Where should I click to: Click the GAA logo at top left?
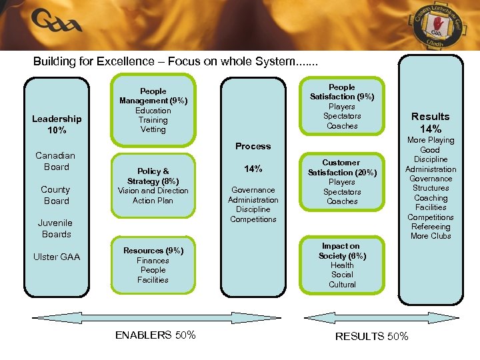(x=57, y=23)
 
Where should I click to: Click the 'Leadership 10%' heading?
(x=57, y=124)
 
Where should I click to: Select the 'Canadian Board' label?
(x=56, y=161)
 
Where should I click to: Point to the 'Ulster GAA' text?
(x=57, y=257)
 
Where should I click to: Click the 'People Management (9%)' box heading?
(x=153, y=96)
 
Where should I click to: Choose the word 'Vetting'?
(x=153, y=129)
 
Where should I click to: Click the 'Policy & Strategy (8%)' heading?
(x=153, y=176)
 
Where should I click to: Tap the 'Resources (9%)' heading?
(x=153, y=251)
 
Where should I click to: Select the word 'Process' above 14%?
(x=253, y=146)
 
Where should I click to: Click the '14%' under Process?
(x=253, y=169)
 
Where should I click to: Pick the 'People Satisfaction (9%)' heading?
(x=342, y=92)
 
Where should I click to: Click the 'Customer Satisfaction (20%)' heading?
(x=342, y=167)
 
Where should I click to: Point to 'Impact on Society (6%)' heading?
(x=342, y=251)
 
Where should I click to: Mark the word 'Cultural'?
(x=342, y=285)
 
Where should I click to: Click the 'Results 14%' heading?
(x=431, y=122)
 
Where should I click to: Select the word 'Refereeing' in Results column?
(x=431, y=227)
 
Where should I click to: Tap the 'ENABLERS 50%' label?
(x=155, y=335)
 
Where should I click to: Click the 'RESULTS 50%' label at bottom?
(x=372, y=337)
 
